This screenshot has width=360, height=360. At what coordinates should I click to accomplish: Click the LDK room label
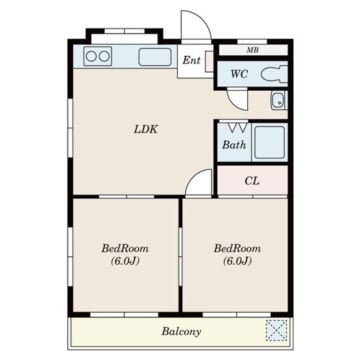pyautogui.click(x=146, y=129)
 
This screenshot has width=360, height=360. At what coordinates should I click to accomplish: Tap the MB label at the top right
pyautogui.click(x=252, y=50)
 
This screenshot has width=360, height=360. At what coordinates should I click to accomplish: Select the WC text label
pyautogui.click(x=239, y=74)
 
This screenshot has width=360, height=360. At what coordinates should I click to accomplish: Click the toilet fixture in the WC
pyautogui.click(x=274, y=74)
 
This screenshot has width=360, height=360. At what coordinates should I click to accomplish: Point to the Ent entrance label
pyautogui.click(x=191, y=60)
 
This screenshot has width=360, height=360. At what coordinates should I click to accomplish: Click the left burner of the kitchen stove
pyautogui.click(x=91, y=56)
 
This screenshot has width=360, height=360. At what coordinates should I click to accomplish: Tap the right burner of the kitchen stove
pyautogui.click(x=104, y=56)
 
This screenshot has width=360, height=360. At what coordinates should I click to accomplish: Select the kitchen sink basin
pyautogui.click(x=155, y=57)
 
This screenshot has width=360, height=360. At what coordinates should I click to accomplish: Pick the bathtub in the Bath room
pyautogui.click(x=270, y=142)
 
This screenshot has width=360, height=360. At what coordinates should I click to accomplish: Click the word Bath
pyautogui.click(x=234, y=145)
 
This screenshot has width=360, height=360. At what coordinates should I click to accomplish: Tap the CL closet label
pyautogui.click(x=252, y=181)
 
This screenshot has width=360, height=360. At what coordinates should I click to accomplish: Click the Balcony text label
pyautogui.click(x=182, y=331)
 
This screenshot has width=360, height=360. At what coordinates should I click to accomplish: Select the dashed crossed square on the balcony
pyautogui.click(x=276, y=330)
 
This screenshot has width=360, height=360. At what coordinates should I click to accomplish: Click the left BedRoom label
pyautogui.click(x=125, y=248)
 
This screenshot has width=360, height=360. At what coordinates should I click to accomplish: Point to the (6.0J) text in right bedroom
pyautogui.click(x=237, y=261)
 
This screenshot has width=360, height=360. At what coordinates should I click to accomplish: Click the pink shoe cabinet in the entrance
pyautogui.click(x=209, y=62)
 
